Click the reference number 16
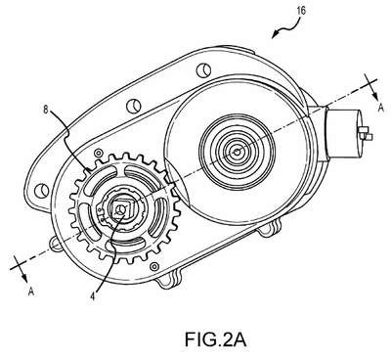coord(301,10)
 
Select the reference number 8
coord(46,110)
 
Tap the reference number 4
coord(93,296)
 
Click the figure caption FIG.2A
coord(216,339)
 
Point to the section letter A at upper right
coord(380,109)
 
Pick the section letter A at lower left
coord(31,291)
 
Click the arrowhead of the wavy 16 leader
coord(275,34)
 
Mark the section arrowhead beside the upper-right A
coord(374,97)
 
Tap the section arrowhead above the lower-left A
coord(24,277)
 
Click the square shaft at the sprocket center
coord(121,208)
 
